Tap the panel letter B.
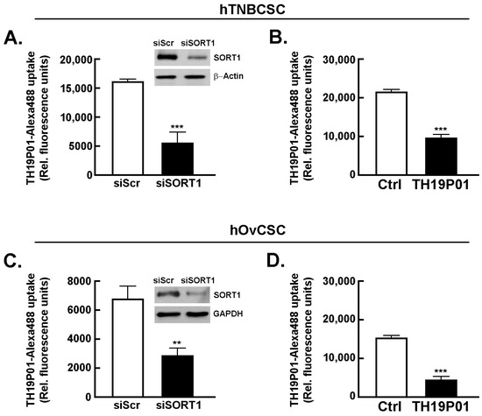point(277,38)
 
